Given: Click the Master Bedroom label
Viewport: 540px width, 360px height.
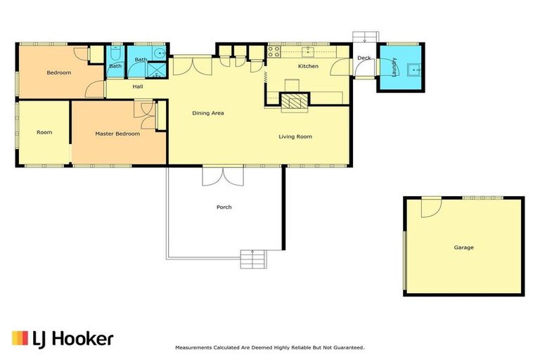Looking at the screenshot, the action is tap(117, 134).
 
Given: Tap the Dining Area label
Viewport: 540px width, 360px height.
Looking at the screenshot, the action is tap(208, 113).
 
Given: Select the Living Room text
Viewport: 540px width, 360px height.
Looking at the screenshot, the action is tap(295, 137).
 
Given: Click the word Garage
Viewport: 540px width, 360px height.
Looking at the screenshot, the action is tap(463, 247).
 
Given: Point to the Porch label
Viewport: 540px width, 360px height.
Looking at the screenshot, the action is tap(224, 207).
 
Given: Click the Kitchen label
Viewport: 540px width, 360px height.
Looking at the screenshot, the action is tap(308, 66).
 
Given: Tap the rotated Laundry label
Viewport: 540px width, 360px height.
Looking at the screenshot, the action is tap(394, 67).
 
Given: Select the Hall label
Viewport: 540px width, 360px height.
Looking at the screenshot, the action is tap(138, 86).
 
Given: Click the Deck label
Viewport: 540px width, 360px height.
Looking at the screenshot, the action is tap(364, 58).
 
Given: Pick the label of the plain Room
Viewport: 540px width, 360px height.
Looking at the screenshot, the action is tap(44, 132).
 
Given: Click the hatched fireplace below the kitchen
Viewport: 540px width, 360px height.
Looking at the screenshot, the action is tap(295, 101).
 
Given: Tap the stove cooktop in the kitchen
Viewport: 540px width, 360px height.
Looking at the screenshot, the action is tap(274, 51).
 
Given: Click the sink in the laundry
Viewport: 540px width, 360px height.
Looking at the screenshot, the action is tap(414, 70).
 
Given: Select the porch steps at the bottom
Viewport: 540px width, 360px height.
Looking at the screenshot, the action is tap(253, 259).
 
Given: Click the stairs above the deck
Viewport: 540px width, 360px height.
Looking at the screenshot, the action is tap(366, 37).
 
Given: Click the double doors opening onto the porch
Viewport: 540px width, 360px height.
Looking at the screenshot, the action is tap(223, 176).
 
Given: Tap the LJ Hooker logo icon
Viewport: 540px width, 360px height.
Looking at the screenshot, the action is tap(20, 338).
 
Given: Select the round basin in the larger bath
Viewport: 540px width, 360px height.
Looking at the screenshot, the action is tap(160, 53).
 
